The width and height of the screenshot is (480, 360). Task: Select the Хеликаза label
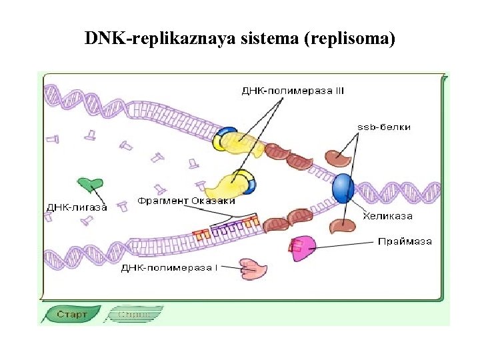point(387,215)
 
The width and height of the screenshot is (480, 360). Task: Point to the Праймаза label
point(405,241)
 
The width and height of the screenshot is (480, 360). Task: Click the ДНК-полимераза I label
point(169,268)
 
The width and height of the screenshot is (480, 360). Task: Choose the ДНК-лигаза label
point(77,207)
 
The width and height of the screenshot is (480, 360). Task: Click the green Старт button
point(71,314)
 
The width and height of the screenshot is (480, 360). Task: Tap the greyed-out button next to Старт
point(135,314)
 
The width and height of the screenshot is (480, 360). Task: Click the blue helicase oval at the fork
point(343,188)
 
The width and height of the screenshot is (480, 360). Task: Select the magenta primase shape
point(301,248)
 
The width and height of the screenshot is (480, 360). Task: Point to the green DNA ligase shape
point(90,184)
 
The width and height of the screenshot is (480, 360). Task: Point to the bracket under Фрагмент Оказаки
point(233,219)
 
